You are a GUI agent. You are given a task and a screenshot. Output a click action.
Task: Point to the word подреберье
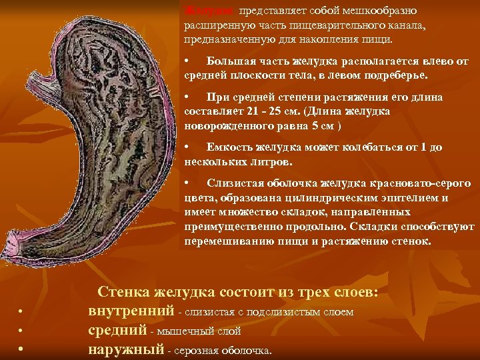coord(394,75)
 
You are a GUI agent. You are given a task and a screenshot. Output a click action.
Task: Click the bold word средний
coord(117,330)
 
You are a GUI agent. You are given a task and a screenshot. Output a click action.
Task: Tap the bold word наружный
coord(126,349)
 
